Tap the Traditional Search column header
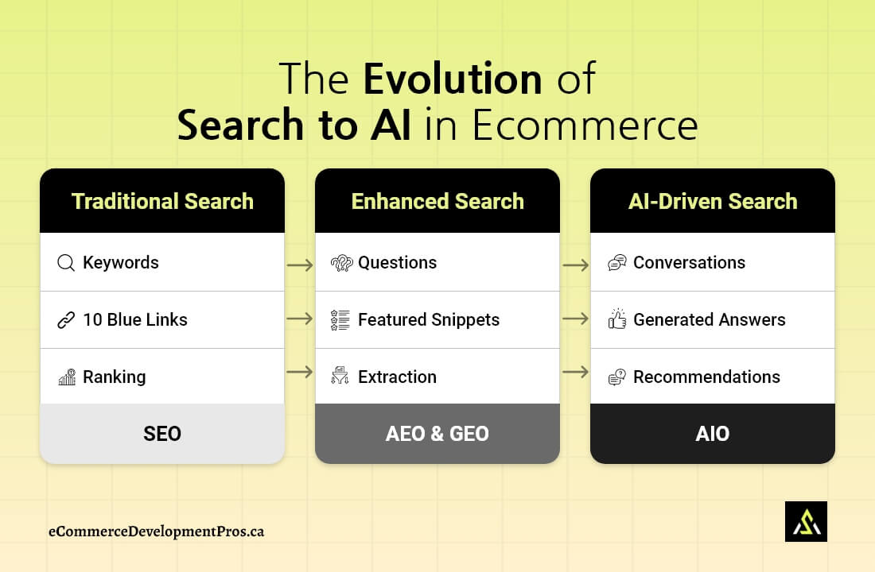tap(162, 201)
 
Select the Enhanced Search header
tap(437, 201)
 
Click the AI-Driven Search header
tap(713, 201)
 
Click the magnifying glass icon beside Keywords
tap(66, 263)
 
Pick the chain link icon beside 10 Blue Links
tap(66, 320)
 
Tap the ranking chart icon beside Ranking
tap(67, 377)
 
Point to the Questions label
tap(397, 263)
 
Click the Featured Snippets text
tap(429, 320)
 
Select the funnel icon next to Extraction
tap(340, 377)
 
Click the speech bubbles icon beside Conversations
tap(616, 263)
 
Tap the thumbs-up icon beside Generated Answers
tap(616, 319)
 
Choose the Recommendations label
tap(706, 377)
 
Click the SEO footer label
tap(162, 434)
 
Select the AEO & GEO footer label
tap(437, 434)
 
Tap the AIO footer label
tap(713, 434)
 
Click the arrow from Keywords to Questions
tap(300, 265)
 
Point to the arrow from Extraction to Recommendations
tap(575, 372)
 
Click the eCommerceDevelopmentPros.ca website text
tap(156, 531)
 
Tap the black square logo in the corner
tap(806, 521)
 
